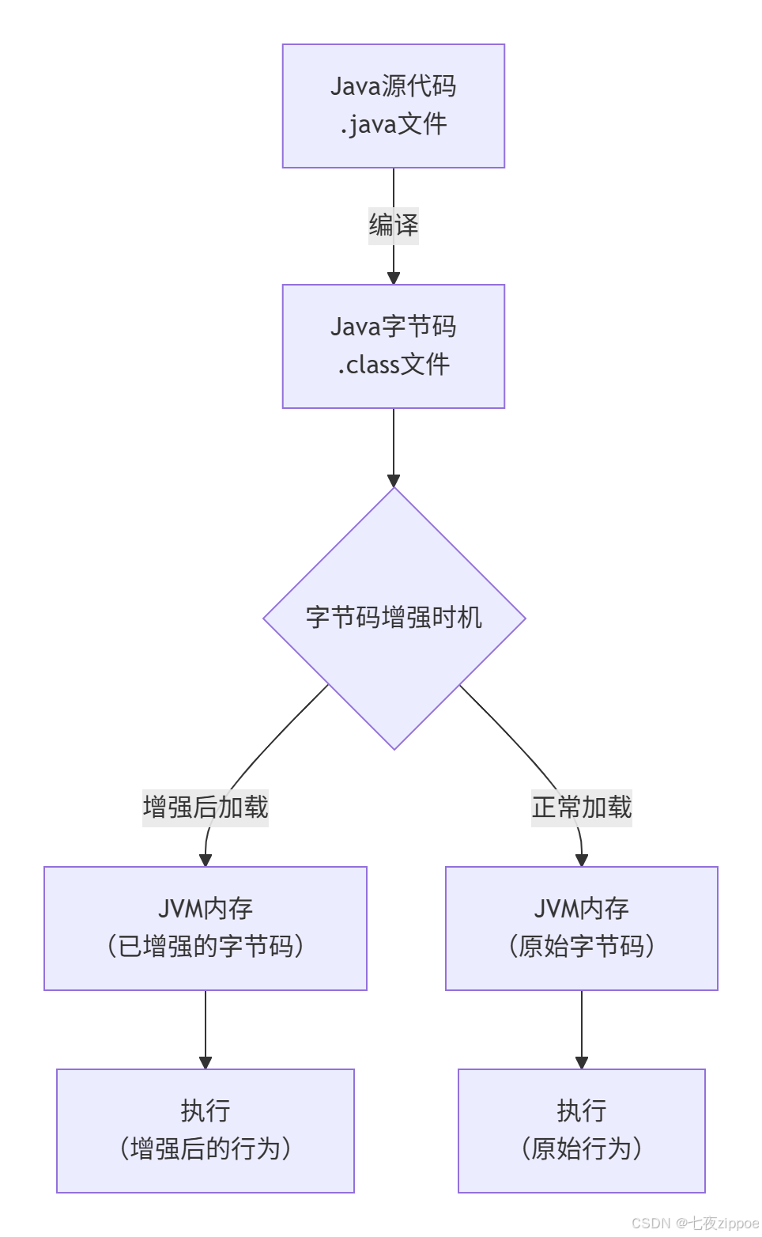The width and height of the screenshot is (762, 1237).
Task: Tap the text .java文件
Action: [x=394, y=124]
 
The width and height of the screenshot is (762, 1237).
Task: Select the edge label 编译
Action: [x=393, y=225]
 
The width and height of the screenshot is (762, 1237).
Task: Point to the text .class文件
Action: [x=394, y=365]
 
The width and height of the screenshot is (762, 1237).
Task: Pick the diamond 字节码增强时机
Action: [x=394, y=618]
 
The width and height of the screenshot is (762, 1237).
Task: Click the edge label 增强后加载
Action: [x=206, y=808]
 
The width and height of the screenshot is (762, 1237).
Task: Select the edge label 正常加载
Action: [x=582, y=808]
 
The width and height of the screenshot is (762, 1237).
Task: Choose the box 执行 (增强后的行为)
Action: [x=206, y=1131]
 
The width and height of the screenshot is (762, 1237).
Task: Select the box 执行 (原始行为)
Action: [x=582, y=1131]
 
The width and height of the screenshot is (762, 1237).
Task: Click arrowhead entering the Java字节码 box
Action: [x=394, y=278]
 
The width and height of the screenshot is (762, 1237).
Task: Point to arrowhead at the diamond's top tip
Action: [x=394, y=480]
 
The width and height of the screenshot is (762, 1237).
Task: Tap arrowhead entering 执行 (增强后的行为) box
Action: [x=206, y=1062]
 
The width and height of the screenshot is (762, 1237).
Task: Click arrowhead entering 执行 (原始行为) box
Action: [x=582, y=1062]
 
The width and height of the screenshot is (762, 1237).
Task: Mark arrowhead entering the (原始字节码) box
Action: [x=582, y=860]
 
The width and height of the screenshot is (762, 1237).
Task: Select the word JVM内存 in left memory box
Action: [x=206, y=909]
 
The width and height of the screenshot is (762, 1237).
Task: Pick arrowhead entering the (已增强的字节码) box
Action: [x=206, y=860]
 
